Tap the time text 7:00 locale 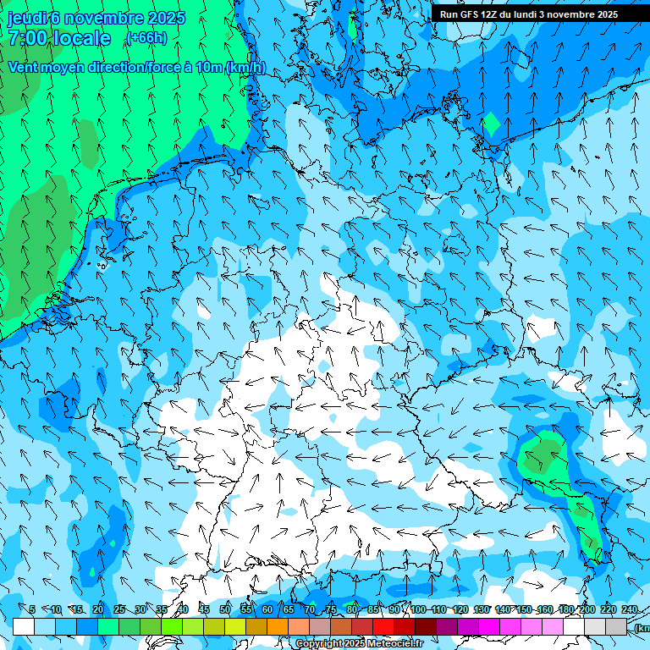(x=60, y=38)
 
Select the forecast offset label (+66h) (x=146, y=38)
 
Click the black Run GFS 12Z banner (x=539, y=14)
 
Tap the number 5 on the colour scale (x=32, y=609)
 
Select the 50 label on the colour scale (x=225, y=609)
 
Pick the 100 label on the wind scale (x=417, y=609)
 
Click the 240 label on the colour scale (x=630, y=609)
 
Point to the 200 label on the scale (x=587, y=609)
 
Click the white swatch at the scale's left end (x=24, y=626)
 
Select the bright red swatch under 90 (x=383, y=626)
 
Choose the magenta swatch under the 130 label (x=489, y=626)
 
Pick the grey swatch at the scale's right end (x=616, y=626)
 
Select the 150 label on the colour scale (x=523, y=609)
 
